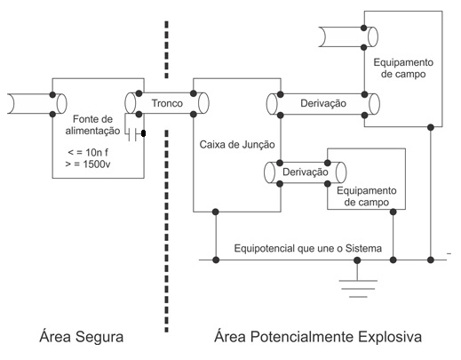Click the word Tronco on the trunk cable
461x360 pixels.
click(x=167, y=103)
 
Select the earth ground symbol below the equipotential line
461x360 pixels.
click(x=358, y=288)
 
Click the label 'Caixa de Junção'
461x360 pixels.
click(x=237, y=145)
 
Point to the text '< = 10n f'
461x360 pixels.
click(x=88, y=153)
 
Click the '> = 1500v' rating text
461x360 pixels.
click(x=88, y=164)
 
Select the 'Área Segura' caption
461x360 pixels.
click(x=82, y=337)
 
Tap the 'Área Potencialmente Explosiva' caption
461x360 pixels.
click(x=318, y=337)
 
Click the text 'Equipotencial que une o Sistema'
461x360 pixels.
click(x=308, y=248)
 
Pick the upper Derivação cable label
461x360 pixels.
click(x=323, y=103)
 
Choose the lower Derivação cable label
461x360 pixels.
click(x=306, y=172)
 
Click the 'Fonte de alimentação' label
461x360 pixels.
click(x=92, y=124)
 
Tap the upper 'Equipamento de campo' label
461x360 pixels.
click(x=403, y=68)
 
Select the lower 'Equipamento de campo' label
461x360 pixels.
click(x=367, y=196)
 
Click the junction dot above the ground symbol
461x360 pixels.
click(x=357, y=260)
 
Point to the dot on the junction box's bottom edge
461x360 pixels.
click(x=216, y=212)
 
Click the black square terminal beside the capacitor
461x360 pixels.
click(x=144, y=133)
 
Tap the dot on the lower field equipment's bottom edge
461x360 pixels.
click(x=393, y=212)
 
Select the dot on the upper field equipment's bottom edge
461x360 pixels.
click(x=431, y=127)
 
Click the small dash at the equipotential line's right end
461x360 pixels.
click(x=449, y=253)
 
